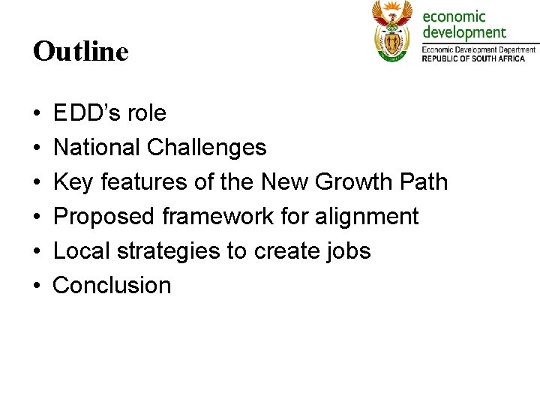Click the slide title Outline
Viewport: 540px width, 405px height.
point(81,52)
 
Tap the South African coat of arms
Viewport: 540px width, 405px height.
point(392,31)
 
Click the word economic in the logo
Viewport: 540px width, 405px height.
point(454,16)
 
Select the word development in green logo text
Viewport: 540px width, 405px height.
point(464,33)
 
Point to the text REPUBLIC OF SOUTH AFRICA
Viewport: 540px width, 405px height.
point(478,58)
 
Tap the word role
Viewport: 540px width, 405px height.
point(146,113)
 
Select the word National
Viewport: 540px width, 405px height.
point(97,148)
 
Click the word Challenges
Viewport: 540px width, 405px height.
point(206,148)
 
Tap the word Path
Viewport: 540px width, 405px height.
point(423,182)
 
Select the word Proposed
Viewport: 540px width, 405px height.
point(104,217)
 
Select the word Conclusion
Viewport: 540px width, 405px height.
point(112,286)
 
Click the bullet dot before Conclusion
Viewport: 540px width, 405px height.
point(37,286)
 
